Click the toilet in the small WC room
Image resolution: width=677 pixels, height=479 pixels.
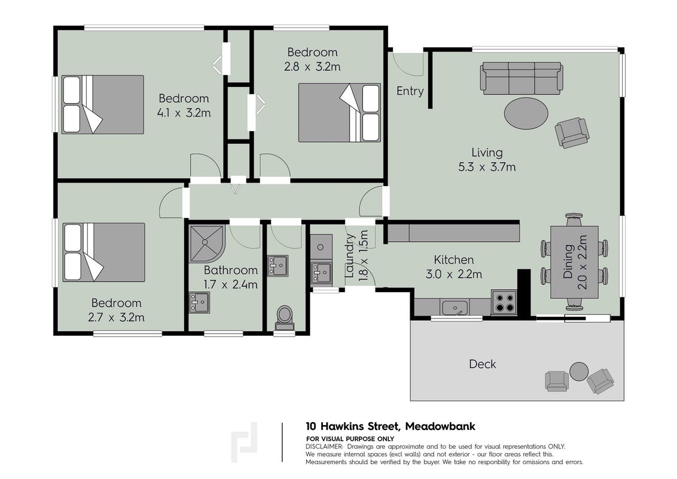285,317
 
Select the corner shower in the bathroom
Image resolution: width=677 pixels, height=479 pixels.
206,243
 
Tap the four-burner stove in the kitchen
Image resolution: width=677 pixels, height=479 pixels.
504,302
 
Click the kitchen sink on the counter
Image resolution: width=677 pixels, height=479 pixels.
454,308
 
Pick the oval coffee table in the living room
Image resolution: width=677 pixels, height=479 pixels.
526,113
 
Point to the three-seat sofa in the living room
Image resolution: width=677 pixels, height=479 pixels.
522,78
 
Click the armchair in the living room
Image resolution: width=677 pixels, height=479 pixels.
572,133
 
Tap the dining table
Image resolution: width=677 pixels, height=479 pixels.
574,262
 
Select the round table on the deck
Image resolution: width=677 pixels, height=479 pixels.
578,371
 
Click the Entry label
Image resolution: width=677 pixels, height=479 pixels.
410,91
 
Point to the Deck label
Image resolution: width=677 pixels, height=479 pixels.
482,364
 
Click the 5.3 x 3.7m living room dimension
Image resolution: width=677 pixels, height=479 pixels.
487,167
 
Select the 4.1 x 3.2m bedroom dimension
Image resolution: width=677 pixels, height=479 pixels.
184,113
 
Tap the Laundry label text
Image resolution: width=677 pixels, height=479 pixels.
350,256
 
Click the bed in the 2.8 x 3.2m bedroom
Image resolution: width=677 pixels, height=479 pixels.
339,113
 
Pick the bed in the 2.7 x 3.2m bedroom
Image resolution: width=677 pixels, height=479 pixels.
103,253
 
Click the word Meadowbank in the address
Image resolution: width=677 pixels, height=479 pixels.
440,426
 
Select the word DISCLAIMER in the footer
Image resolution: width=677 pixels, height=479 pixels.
324,447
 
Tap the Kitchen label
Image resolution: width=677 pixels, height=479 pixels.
454,260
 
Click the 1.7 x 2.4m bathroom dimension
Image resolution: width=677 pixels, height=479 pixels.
231,284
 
